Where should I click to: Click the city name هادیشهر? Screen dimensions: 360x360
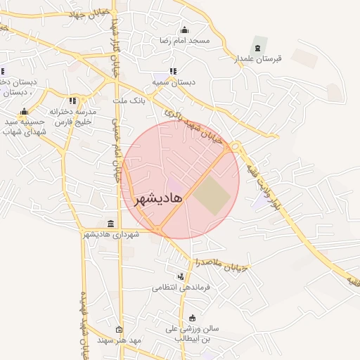pos(157,198)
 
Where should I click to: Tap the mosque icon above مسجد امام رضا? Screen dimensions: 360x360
pos(184,30)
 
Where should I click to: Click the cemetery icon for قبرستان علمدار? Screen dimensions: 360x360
pos(258,47)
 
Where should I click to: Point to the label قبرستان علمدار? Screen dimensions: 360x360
pos(258,58)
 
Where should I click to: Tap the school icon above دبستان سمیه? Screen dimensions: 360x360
pos(174,70)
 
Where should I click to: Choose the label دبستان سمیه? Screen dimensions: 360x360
pos(176,82)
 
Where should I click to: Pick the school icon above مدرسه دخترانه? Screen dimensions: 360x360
pos(72,101)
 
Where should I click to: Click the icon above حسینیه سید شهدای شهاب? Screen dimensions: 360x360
pos(24,111)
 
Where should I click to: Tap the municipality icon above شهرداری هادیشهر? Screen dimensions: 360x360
pos(110,223)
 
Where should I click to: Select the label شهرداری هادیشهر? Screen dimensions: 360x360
pos(110,234)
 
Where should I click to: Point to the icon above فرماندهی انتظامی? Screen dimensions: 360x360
pos(181,276)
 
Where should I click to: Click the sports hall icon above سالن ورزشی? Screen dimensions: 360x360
pos(193,317)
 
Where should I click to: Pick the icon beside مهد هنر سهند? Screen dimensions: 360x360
pos(118,330)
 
